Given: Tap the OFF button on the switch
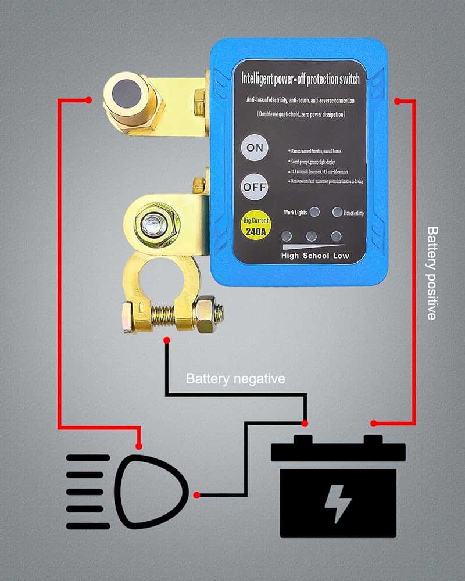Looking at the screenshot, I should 255,188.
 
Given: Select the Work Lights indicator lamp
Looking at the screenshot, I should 314,212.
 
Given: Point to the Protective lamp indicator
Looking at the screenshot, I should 337,212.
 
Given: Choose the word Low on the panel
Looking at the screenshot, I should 341,256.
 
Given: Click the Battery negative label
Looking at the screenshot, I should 235,379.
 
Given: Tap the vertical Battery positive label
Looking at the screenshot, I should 432,273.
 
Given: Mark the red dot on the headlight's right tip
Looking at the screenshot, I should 197,495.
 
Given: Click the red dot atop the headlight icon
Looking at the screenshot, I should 139,446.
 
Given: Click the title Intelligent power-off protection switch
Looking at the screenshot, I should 300,79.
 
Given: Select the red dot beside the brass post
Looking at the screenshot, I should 88,100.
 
